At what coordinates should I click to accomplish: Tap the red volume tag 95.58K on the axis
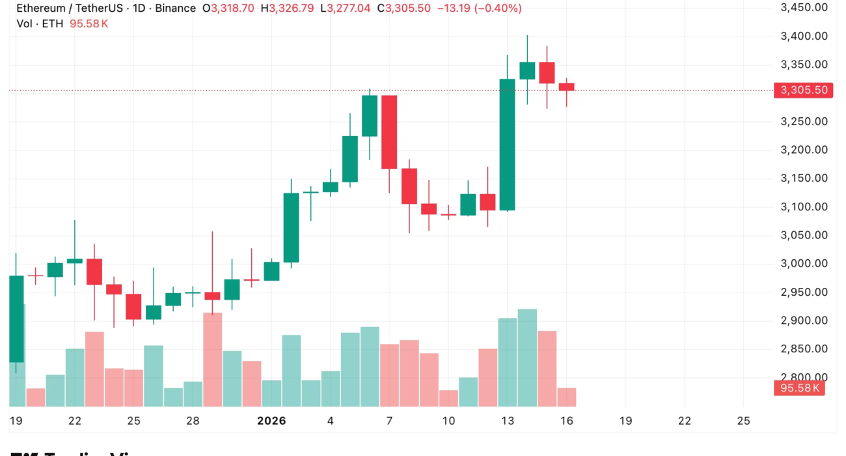(799, 389)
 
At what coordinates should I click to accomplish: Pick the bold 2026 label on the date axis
(271, 421)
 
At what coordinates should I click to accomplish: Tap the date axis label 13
(508, 421)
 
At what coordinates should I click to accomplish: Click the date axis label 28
(193, 421)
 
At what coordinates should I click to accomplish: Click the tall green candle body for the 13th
(508, 145)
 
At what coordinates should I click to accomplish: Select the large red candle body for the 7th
(389, 132)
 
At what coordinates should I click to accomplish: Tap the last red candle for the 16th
(566, 87)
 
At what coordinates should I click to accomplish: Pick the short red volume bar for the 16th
(566, 397)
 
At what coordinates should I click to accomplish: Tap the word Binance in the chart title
(175, 8)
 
